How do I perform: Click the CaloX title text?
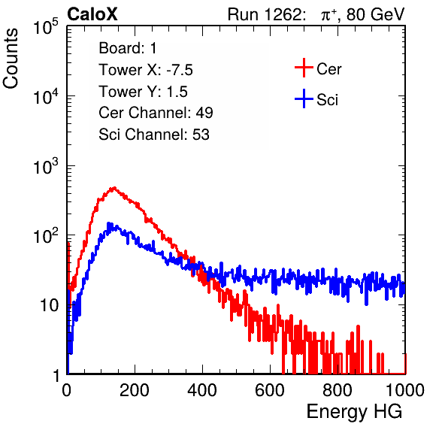[92, 14]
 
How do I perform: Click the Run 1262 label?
[265, 14]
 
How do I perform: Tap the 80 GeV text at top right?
[375, 14]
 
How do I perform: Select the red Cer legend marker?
[304, 68]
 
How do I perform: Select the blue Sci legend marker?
[304, 98]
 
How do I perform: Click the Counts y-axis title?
[11, 59]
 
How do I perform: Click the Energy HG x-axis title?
[354, 412]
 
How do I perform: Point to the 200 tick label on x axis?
[135, 390]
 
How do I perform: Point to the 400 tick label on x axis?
[202, 390]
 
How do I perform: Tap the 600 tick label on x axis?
[270, 390]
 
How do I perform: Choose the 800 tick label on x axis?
[338, 390]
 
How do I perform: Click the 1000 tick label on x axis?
[405, 390]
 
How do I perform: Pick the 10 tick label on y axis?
[50, 305]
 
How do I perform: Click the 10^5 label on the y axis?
[46, 27]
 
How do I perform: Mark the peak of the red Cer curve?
[114, 188]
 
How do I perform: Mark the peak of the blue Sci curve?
[108, 223]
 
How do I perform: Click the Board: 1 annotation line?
[128, 47]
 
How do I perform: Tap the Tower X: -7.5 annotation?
[146, 70]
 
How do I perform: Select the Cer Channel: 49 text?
[156, 112]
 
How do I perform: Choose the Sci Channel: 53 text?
[154, 134]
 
